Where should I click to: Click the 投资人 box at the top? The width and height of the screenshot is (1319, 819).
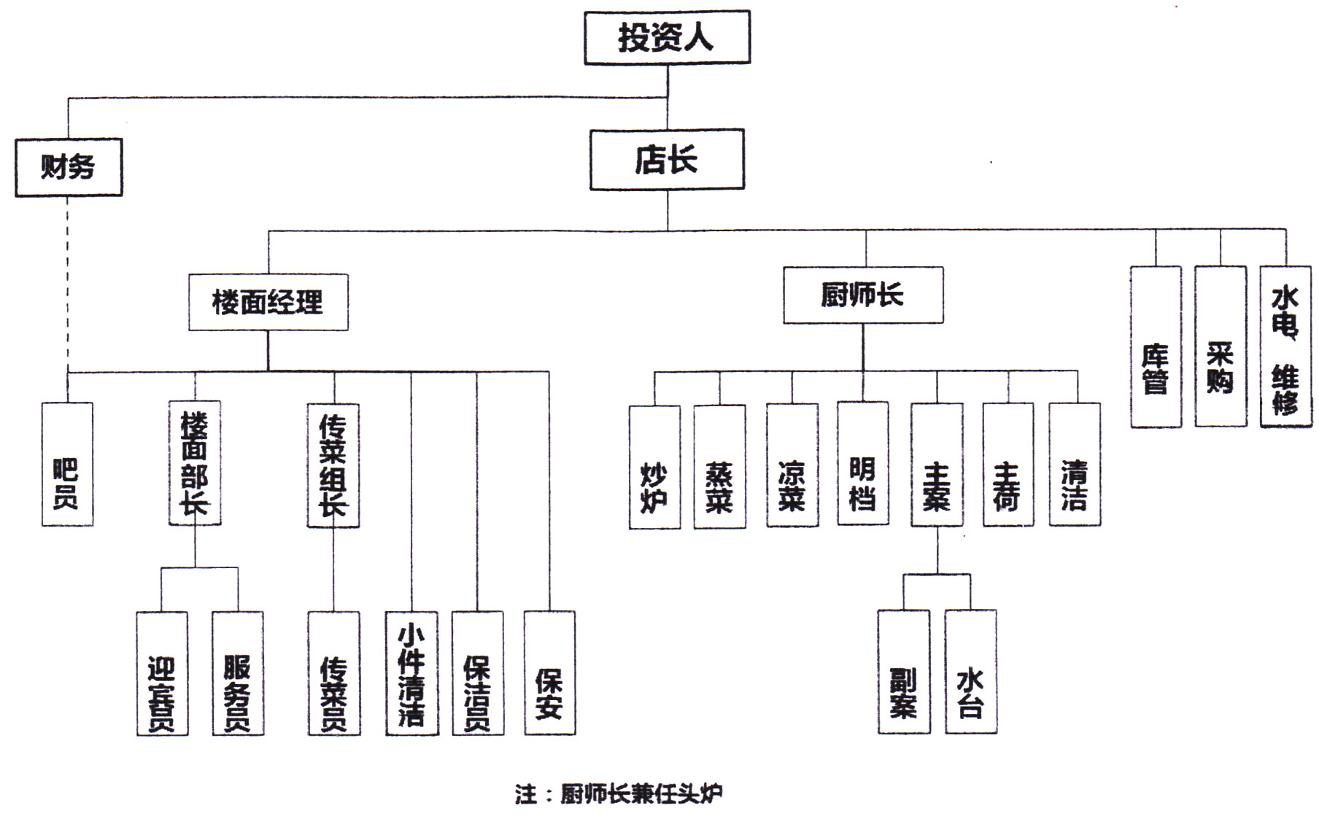pyautogui.click(x=667, y=37)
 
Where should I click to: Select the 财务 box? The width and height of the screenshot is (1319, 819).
pyautogui.click(x=69, y=167)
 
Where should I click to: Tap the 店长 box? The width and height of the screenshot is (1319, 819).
pyautogui.click(x=667, y=160)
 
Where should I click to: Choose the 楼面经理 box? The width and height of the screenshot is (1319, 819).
pyautogui.click(x=268, y=302)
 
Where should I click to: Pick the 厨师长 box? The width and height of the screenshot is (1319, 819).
pyautogui.click(x=863, y=295)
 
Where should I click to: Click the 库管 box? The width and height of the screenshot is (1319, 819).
pyautogui.click(x=1156, y=347)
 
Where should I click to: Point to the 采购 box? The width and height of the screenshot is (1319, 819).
pyautogui.click(x=1221, y=347)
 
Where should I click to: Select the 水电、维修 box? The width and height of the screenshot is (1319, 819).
pyautogui.click(x=1285, y=347)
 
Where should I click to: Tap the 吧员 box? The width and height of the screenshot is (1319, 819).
pyautogui.click(x=67, y=465)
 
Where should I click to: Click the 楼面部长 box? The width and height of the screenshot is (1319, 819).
pyautogui.click(x=195, y=463)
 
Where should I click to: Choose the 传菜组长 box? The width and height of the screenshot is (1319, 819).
pyautogui.click(x=333, y=465)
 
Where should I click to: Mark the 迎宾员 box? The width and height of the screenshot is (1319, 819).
pyautogui.click(x=162, y=673)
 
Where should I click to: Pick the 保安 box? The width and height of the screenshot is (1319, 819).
pyautogui.click(x=549, y=673)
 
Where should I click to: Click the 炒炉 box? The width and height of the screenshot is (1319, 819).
pyautogui.click(x=654, y=467)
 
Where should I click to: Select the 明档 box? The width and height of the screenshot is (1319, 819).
pyautogui.click(x=863, y=463)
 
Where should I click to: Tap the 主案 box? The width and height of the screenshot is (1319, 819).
pyautogui.click(x=937, y=465)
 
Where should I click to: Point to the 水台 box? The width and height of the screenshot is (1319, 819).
pyautogui.click(x=970, y=672)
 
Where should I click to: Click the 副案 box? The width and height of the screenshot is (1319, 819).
pyautogui.click(x=904, y=672)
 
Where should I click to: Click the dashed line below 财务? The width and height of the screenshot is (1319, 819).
pyautogui.click(x=68, y=284)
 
